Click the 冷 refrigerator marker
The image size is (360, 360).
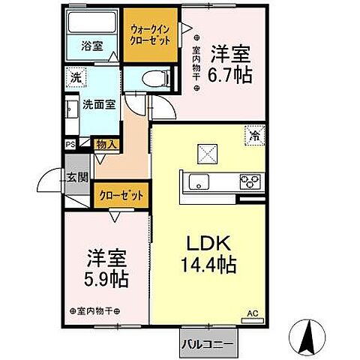click(255, 136)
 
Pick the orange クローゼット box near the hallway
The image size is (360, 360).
click(120, 195)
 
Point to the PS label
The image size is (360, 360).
click(70, 145)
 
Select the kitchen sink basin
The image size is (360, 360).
click(200, 181)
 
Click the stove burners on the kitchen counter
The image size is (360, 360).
click(249, 180)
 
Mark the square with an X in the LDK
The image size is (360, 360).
click(207, 153)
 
